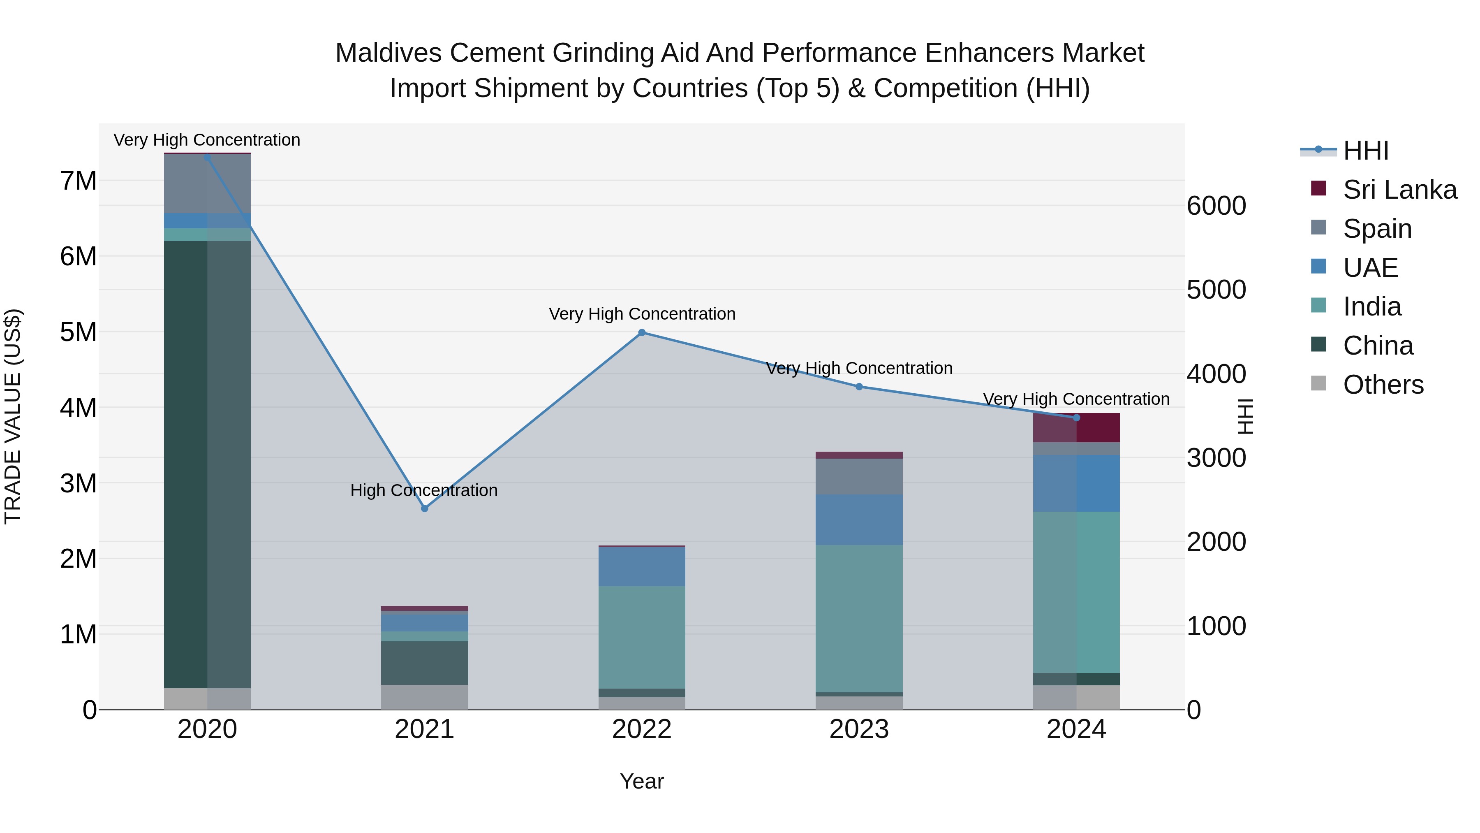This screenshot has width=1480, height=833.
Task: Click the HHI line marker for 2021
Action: [425, 508]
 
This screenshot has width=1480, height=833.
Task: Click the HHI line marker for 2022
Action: [642, 332]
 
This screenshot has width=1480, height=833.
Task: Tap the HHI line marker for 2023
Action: [859, 386]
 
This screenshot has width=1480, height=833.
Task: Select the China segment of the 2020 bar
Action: [208, 464]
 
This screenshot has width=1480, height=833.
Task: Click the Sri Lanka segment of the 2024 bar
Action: [1076, 428]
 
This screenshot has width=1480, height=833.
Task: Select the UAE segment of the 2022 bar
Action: [642, 566]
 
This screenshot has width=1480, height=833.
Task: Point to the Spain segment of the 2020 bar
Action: [208, 184]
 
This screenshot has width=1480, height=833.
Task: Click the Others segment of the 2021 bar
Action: [425, 697]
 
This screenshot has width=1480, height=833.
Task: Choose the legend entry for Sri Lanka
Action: [1399, 190]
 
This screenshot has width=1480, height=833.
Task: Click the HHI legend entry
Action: [1365, 151]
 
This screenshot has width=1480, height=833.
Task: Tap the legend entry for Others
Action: [1383, 385]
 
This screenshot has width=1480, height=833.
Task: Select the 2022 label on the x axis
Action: [642, 729]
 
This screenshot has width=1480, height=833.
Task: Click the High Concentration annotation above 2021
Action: [424, 490]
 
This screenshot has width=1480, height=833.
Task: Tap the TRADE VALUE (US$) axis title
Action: [13, 416]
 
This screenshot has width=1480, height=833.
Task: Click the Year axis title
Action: [642, 781]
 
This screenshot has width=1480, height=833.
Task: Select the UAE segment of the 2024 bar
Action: [1076, 483]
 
